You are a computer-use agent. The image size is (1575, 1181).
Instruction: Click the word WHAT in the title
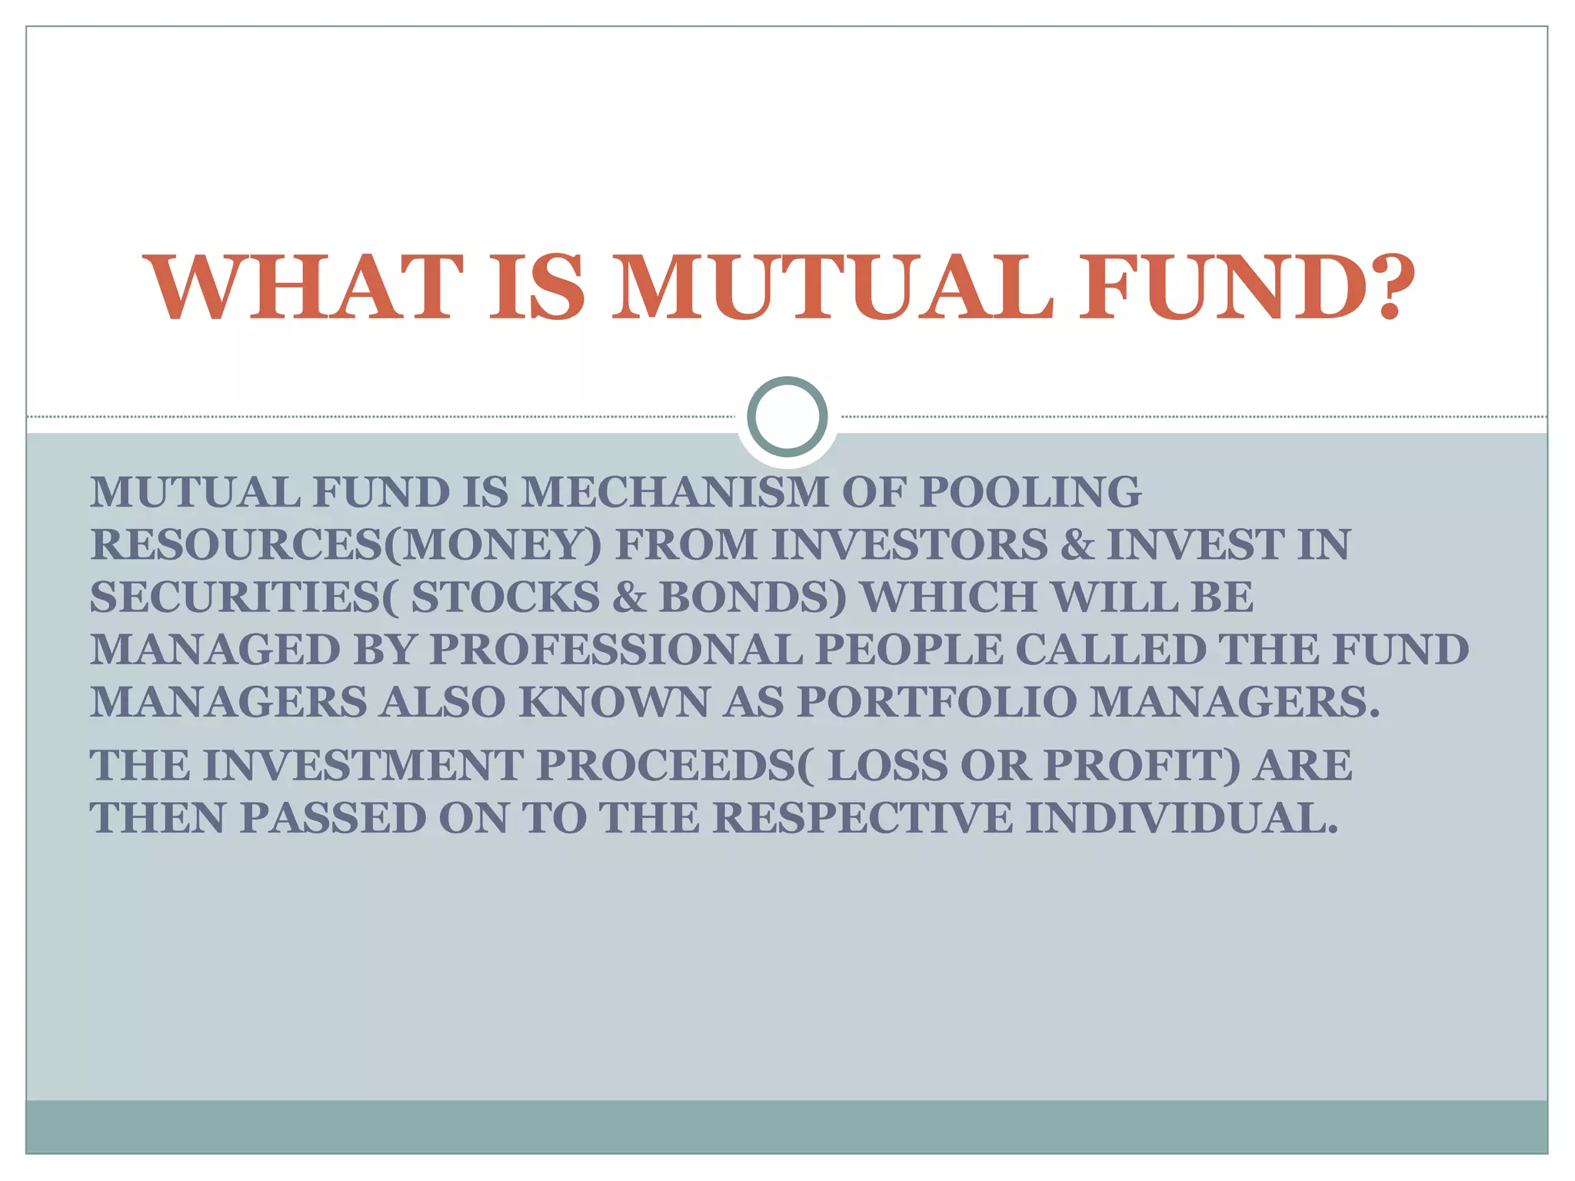tap(305, 288)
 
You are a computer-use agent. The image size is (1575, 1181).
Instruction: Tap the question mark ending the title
tap(1388, 288)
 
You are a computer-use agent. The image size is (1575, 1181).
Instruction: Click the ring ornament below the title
tap(787, 416)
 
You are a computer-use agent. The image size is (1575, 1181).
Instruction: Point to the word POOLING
tap(1030, 492)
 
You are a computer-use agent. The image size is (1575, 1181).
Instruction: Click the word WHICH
tap(949, 597)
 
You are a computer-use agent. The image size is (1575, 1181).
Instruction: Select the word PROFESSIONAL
tap(615, 650)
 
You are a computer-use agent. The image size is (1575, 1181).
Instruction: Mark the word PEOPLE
tap(908, 650)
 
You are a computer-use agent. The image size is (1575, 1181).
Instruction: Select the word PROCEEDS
tap(666, 766)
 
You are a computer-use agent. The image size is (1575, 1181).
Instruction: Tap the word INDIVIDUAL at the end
tap(1180, 818)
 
